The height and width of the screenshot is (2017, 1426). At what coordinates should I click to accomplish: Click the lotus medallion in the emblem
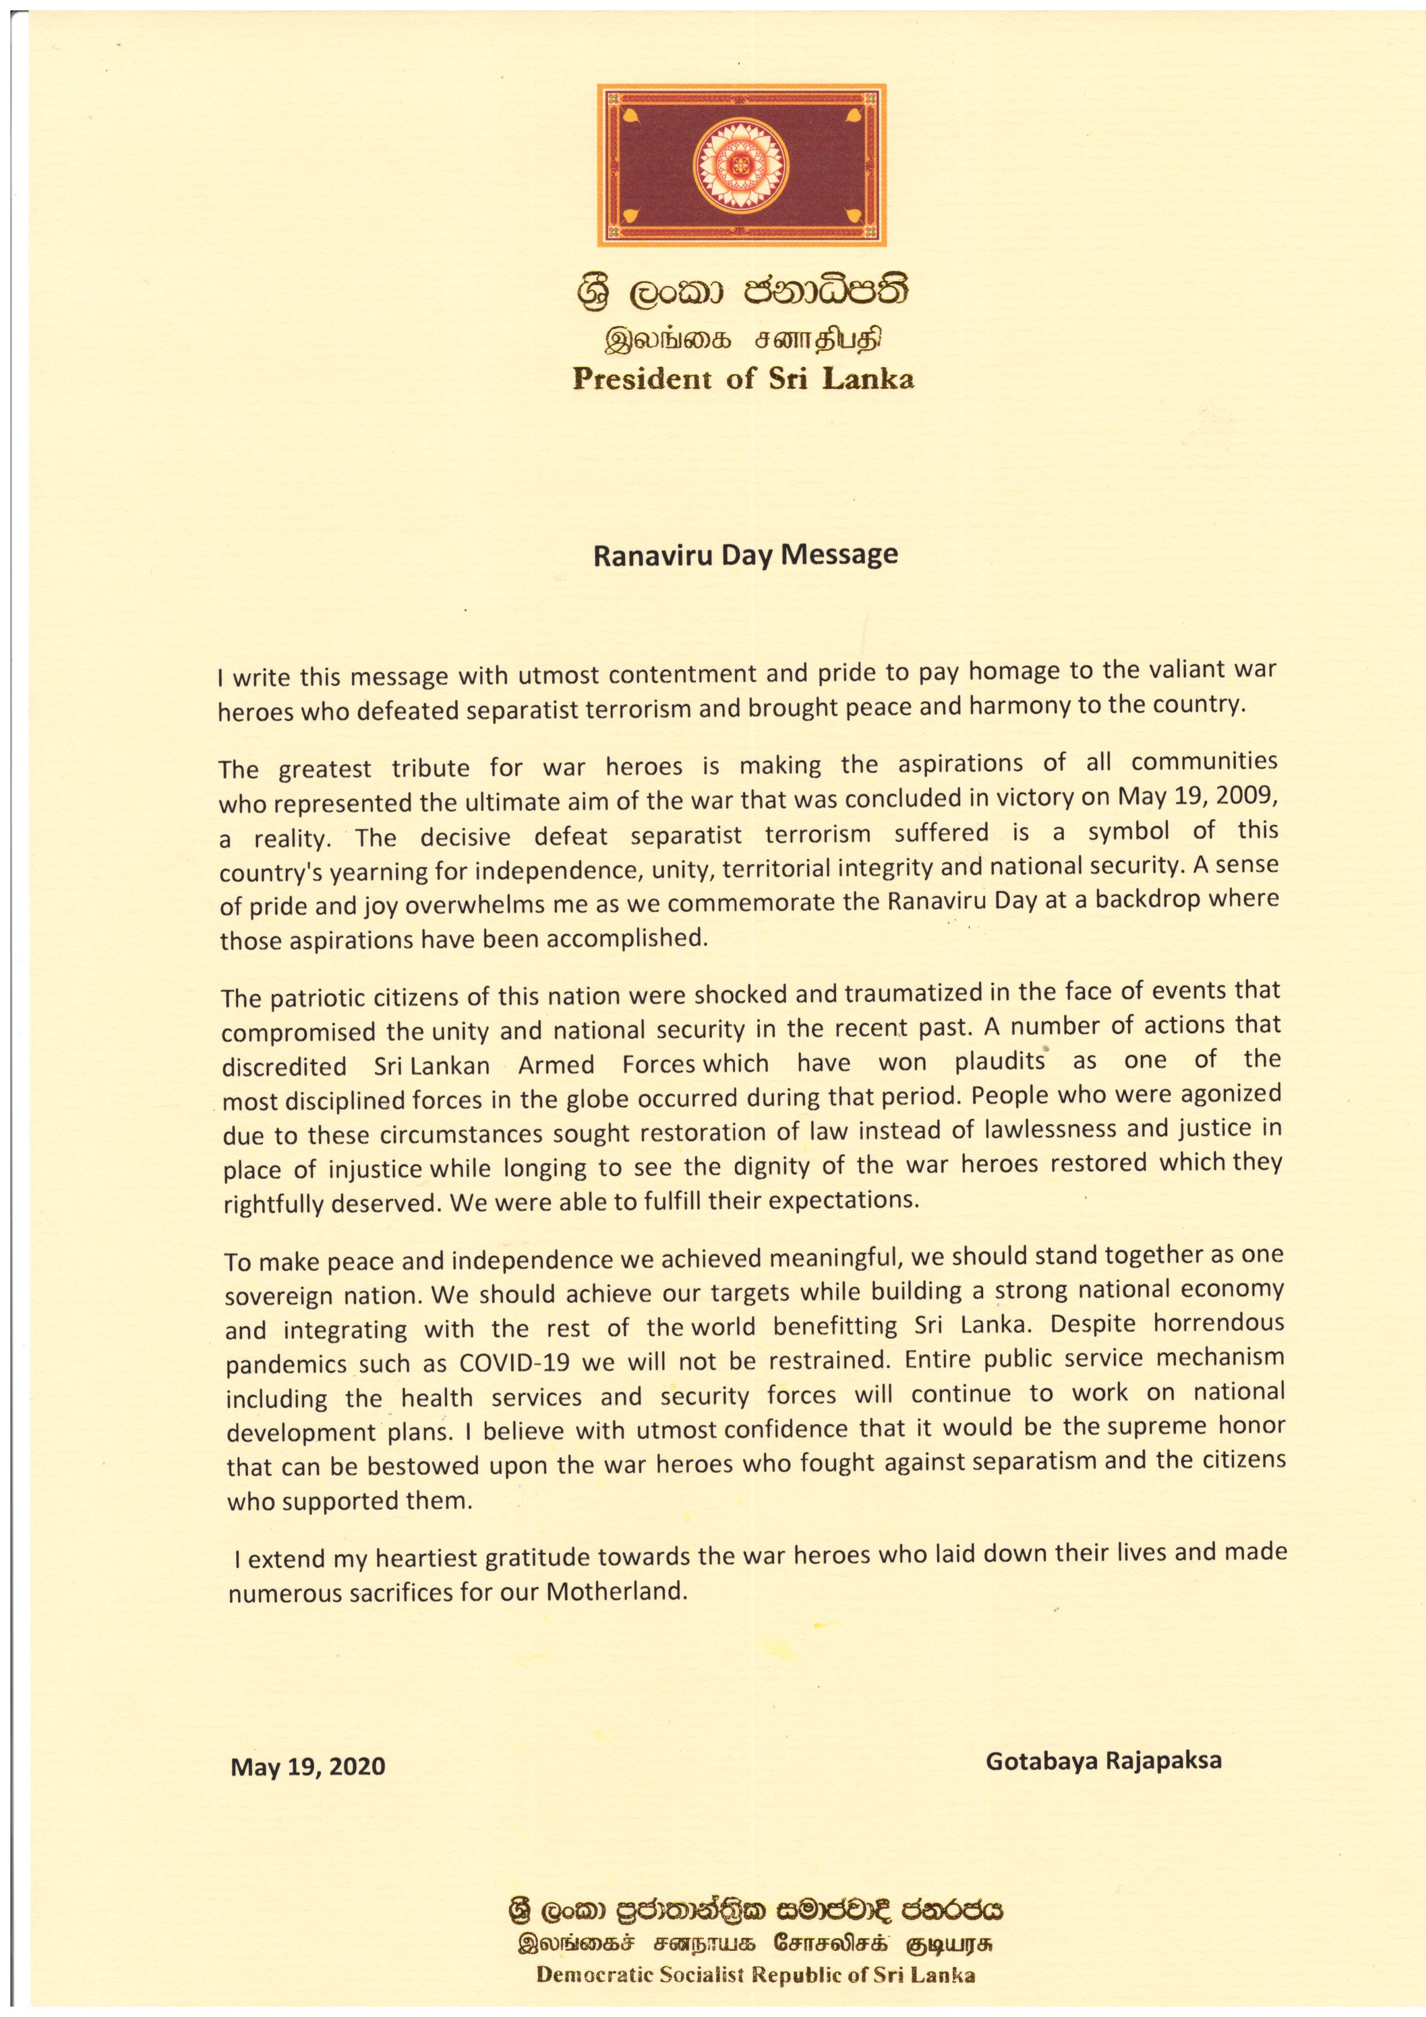tap(741, 164)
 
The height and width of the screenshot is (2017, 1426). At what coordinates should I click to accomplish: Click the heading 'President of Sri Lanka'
tap(743, 379)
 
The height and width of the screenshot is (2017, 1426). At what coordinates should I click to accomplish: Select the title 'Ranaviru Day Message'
tap(746, 555)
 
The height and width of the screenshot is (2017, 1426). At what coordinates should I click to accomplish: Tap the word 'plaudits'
tap(1000, 1061)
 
